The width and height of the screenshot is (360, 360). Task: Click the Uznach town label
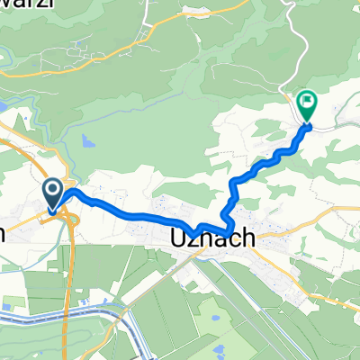(211, 240)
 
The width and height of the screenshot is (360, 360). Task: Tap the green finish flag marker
(307, 106)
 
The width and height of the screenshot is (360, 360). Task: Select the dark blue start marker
(52, 192)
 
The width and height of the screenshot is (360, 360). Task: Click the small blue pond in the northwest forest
(86, 141)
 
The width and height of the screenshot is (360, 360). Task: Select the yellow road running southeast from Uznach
(297, 270)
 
